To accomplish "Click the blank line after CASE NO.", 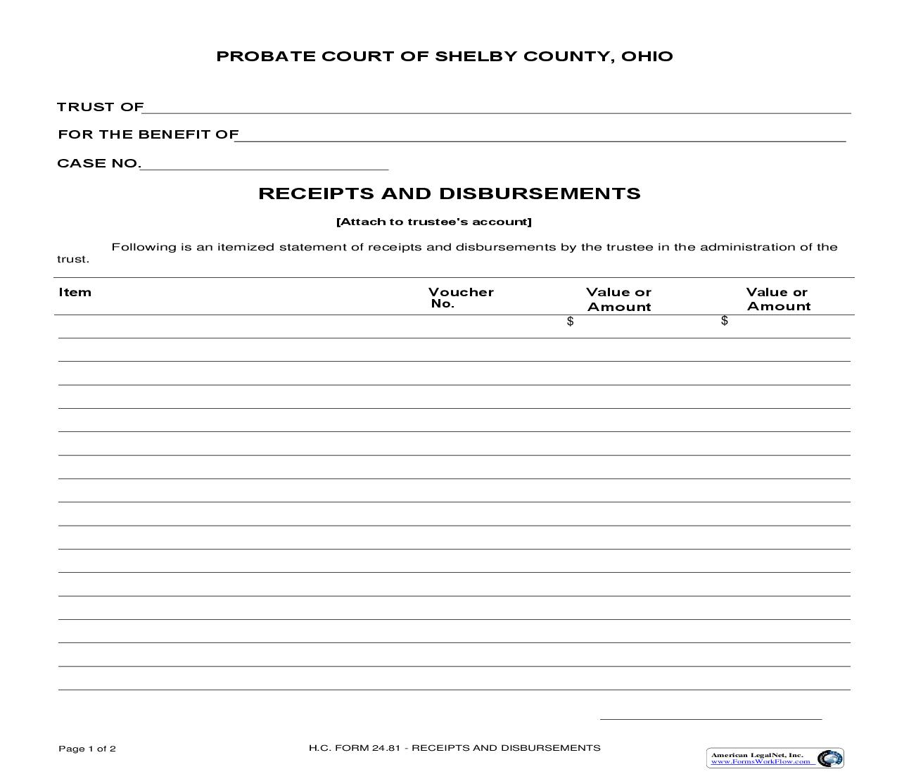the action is (x=265, y=165).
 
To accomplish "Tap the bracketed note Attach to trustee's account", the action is (x=434, y=222).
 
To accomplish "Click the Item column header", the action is (x=75, y=292).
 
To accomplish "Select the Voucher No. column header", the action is (x=461, y=298).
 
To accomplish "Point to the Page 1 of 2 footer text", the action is (x=87, y=749).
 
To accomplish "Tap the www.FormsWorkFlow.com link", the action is (x=760, y=761).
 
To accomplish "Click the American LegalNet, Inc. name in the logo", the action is (x=756, y=754).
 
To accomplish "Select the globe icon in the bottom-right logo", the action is (x=830, y=758).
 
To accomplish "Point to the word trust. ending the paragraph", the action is (x=73, y=259).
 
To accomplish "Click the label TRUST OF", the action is (x=100, y=107).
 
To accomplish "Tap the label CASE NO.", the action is (x=98, y=163).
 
